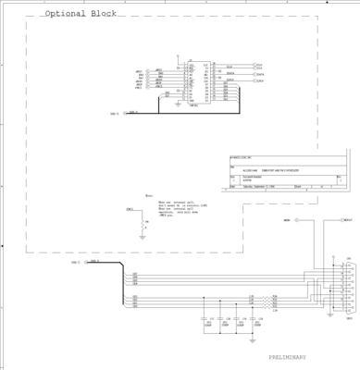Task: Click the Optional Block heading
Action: [81, 15]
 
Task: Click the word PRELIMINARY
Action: [292, 357]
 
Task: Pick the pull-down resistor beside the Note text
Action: [142, 223]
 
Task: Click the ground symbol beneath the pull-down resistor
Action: [142, 236]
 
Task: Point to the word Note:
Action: [150, 195]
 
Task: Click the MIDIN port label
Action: [287, 220]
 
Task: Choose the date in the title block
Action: [252, 186]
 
